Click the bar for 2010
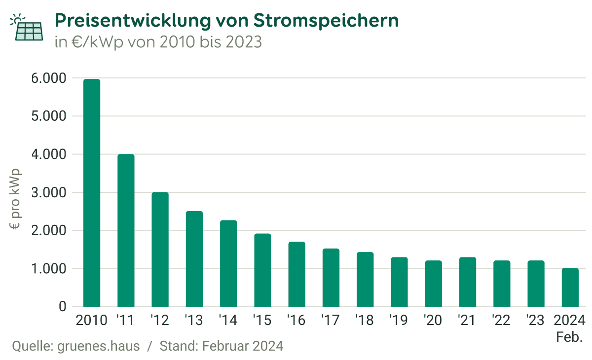pos(92,193)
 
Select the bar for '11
pos(126,230)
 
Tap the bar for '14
pos(228,263)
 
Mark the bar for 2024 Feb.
pos(570,288)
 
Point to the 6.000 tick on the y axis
pos(48,78)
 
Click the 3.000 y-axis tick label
pos(48,193)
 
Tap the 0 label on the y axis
pos(62,307)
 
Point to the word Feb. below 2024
pos(570,338)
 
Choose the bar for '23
pos(536,284)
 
